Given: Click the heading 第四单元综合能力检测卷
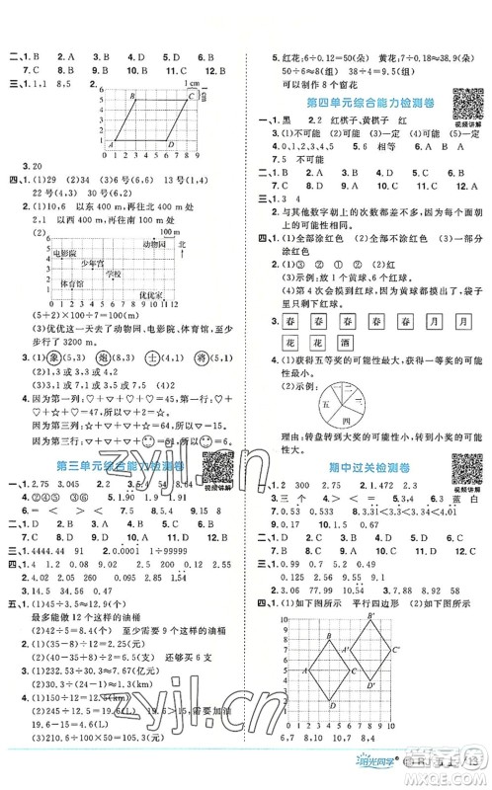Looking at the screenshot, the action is tap(362, 105).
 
